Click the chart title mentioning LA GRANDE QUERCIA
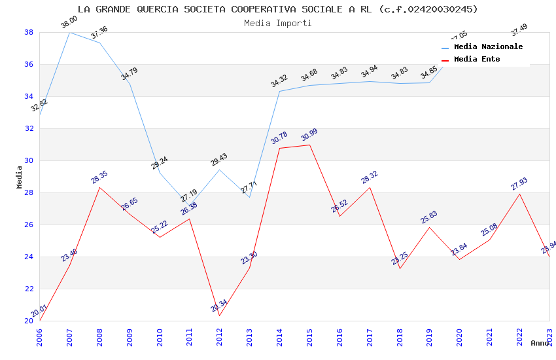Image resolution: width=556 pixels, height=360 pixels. click(x=278, y=9)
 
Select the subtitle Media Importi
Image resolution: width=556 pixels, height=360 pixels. click(x=278, y=23)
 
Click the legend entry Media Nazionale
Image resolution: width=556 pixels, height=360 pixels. click(x=488, y=46)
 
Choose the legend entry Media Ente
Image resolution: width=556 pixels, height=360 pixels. click(x=477, y=59)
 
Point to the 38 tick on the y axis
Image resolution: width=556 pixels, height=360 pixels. click(x=29, y=32)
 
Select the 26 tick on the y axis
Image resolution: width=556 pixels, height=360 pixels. click(x=29, y=225)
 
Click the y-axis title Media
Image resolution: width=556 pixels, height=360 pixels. click(x=20, y=177)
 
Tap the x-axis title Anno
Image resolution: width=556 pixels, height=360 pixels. click(x=540, y=343)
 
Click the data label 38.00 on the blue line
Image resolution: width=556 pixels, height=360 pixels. click(x=69, y=23)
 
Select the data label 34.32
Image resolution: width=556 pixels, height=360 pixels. click(x=279, y=81)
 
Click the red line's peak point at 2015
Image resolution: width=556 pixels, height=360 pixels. click(x=309, y=145)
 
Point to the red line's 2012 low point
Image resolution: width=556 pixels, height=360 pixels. click(x=220, y=315)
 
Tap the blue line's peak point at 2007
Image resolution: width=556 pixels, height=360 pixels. click(x=70, y=32)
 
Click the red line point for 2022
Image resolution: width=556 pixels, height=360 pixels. click(x=519, y=194)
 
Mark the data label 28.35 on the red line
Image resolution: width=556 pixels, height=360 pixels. click(x=99, y=177)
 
